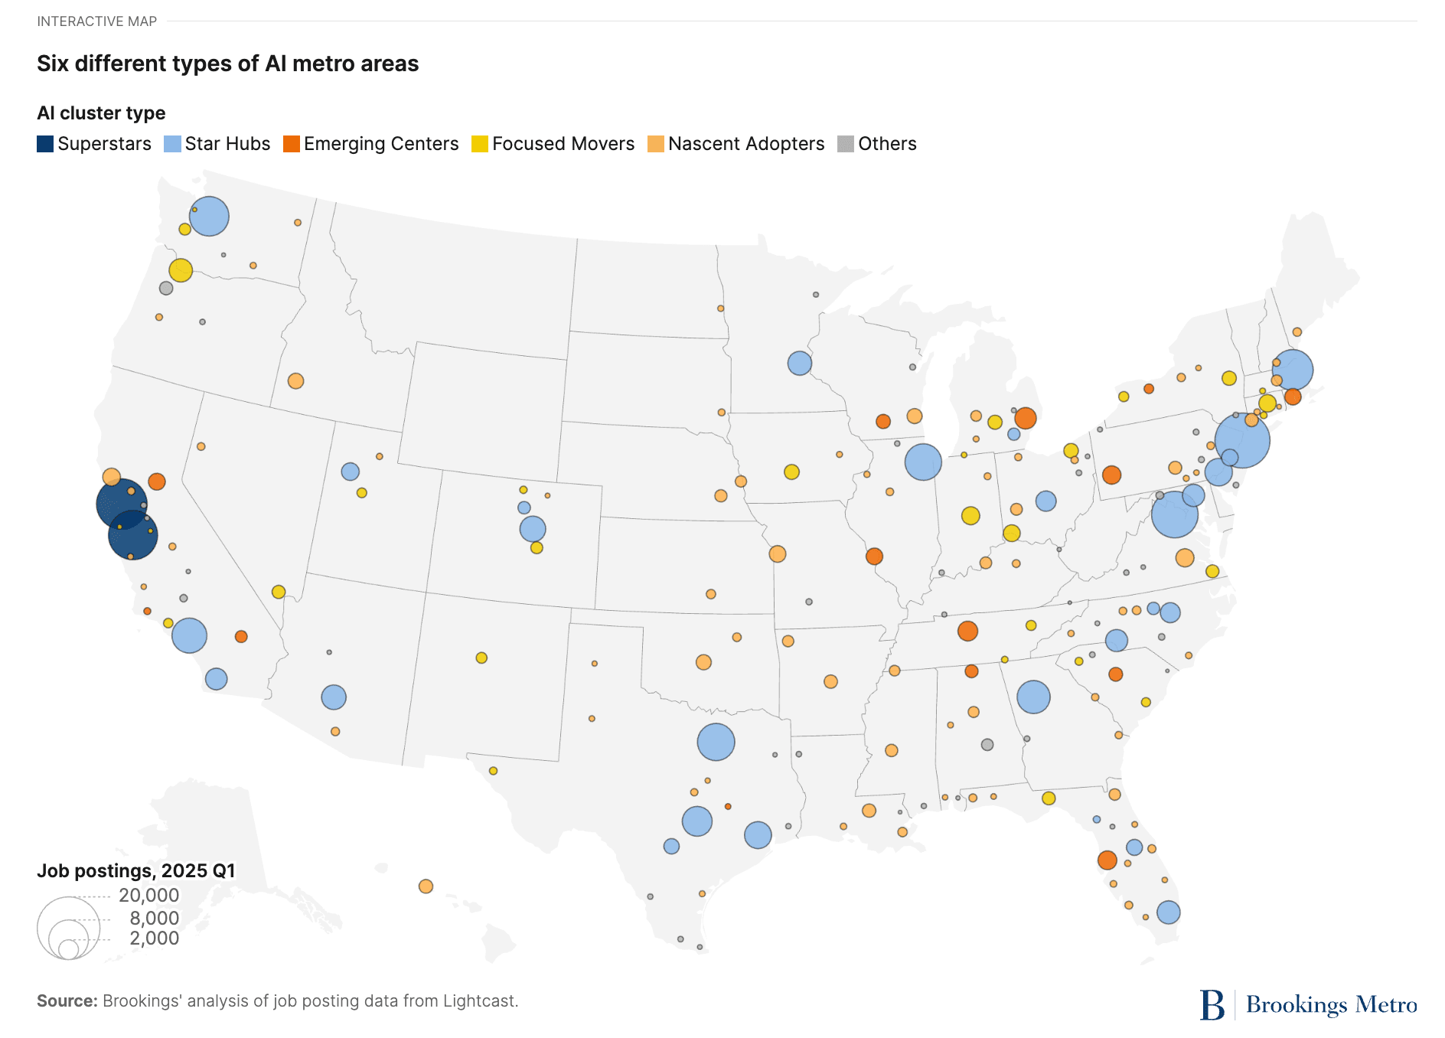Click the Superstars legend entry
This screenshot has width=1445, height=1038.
point(94,144)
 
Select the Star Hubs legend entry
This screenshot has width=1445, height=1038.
point(217,144)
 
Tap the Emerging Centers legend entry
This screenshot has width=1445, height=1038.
point(371,144)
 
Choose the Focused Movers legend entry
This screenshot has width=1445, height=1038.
point(553,144)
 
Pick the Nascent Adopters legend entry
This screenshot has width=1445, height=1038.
point(736,144)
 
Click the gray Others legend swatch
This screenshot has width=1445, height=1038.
point(846,144)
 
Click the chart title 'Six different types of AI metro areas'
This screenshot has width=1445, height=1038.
point(227,64)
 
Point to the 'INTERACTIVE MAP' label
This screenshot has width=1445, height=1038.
point(96,21)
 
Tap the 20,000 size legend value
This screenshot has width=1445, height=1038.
point(148,895)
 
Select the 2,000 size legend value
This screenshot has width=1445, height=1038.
point(154,938)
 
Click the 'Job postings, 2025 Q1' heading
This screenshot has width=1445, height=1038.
point(136,870)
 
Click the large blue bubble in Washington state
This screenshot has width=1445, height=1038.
point(209,216)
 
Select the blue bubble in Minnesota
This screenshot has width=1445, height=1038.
point(799,363)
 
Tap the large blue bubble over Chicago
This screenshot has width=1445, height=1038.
point(923,462)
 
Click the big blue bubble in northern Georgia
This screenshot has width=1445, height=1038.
point(1033,697)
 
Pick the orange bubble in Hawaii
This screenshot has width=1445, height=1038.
point(426,886)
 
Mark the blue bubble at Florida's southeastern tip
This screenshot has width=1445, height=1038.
point(1168,912)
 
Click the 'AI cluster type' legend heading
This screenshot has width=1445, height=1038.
point(101,113)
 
